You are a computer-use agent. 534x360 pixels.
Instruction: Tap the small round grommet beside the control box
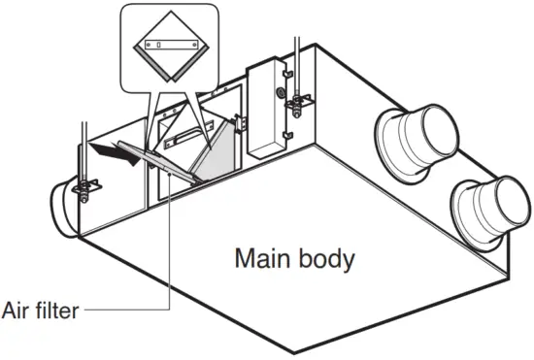[x=280, y=93]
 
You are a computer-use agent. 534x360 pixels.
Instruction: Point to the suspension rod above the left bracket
[x=83, y=146]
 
